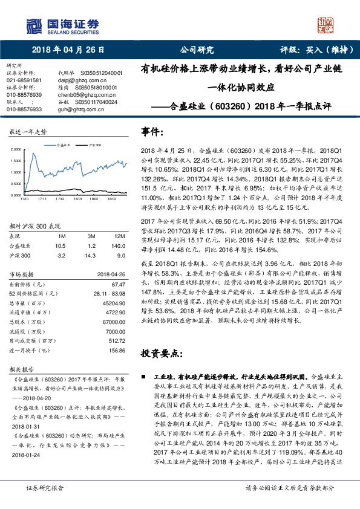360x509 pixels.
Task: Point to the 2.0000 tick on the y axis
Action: (x=18, y=149)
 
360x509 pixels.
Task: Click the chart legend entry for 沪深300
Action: (x=93, y=146)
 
